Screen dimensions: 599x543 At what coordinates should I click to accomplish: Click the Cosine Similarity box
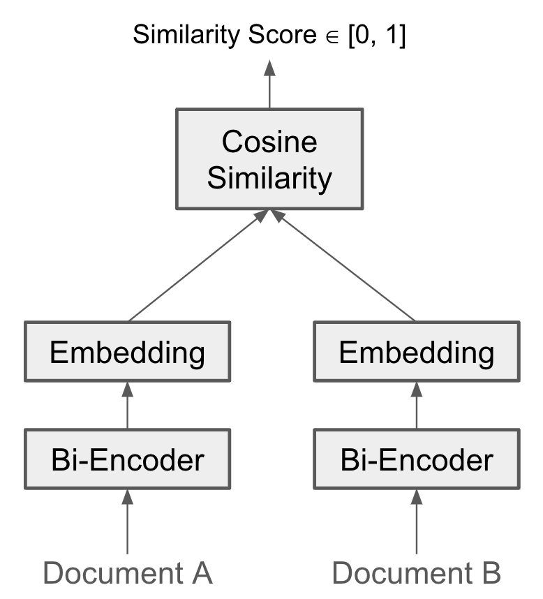click(x=269, y=160)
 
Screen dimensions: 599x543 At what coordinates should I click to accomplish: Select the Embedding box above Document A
click(x=127, y=353)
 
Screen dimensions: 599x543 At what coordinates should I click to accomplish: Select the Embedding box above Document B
click(x=416, y=353)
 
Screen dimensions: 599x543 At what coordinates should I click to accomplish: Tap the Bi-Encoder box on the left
click(x=127, y=459)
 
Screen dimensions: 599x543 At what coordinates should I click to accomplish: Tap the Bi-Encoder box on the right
click(x=416, y=459)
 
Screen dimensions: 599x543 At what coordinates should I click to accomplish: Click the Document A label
click(x=127, y=572)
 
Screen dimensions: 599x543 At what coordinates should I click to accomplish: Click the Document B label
click(x=416, y=572)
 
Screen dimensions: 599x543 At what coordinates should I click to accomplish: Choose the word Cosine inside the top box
click(x=269, y=142)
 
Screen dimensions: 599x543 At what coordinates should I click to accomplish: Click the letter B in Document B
click(x=490, y=572)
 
